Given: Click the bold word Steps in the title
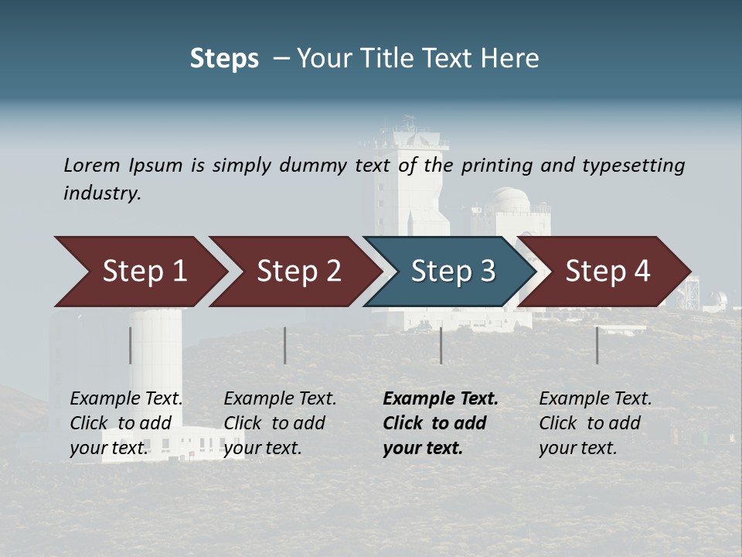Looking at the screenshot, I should pos(224,58).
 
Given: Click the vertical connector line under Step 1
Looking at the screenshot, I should pos(131,345).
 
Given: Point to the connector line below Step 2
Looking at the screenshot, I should pos(285,345).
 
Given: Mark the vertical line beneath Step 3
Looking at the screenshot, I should pos(441,345).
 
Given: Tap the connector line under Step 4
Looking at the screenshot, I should pos(597,345).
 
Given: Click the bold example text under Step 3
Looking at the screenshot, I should pos(440,422).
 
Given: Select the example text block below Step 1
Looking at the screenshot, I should pos(126,422).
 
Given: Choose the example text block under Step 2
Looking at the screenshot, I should pos(280,422).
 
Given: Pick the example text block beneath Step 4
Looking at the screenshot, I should pos(595,422).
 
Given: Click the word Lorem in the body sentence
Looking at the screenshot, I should pos(91,165).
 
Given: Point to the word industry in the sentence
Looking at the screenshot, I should pos(101,193).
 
